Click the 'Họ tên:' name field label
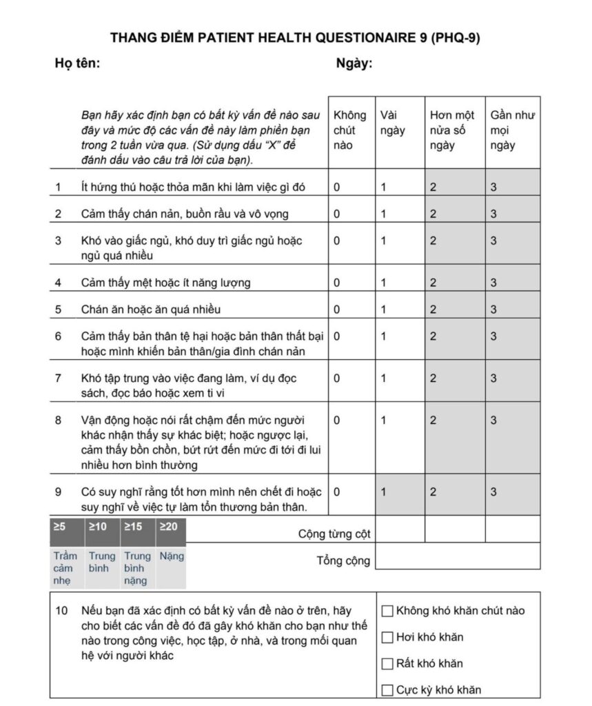click(x=78, y=63)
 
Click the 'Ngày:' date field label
click(x=354, y=63)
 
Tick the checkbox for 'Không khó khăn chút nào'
click(x=387, y=610)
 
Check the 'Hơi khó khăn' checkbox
click(x=387, y=637)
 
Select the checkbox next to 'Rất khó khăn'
click(x=387, y=664)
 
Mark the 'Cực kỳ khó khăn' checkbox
click(x=387, y=690)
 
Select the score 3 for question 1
click(x=493, y=187)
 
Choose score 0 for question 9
click(x=337, y=492)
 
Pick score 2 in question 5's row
click(x=433, y=310)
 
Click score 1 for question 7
click(x=384, y=378)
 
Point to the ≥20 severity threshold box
click(x=168, y=527)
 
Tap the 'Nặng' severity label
click(x=172, y=556)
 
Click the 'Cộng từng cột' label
click(x=334, y=534)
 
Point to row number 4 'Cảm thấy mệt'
click(x=58, y=283)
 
